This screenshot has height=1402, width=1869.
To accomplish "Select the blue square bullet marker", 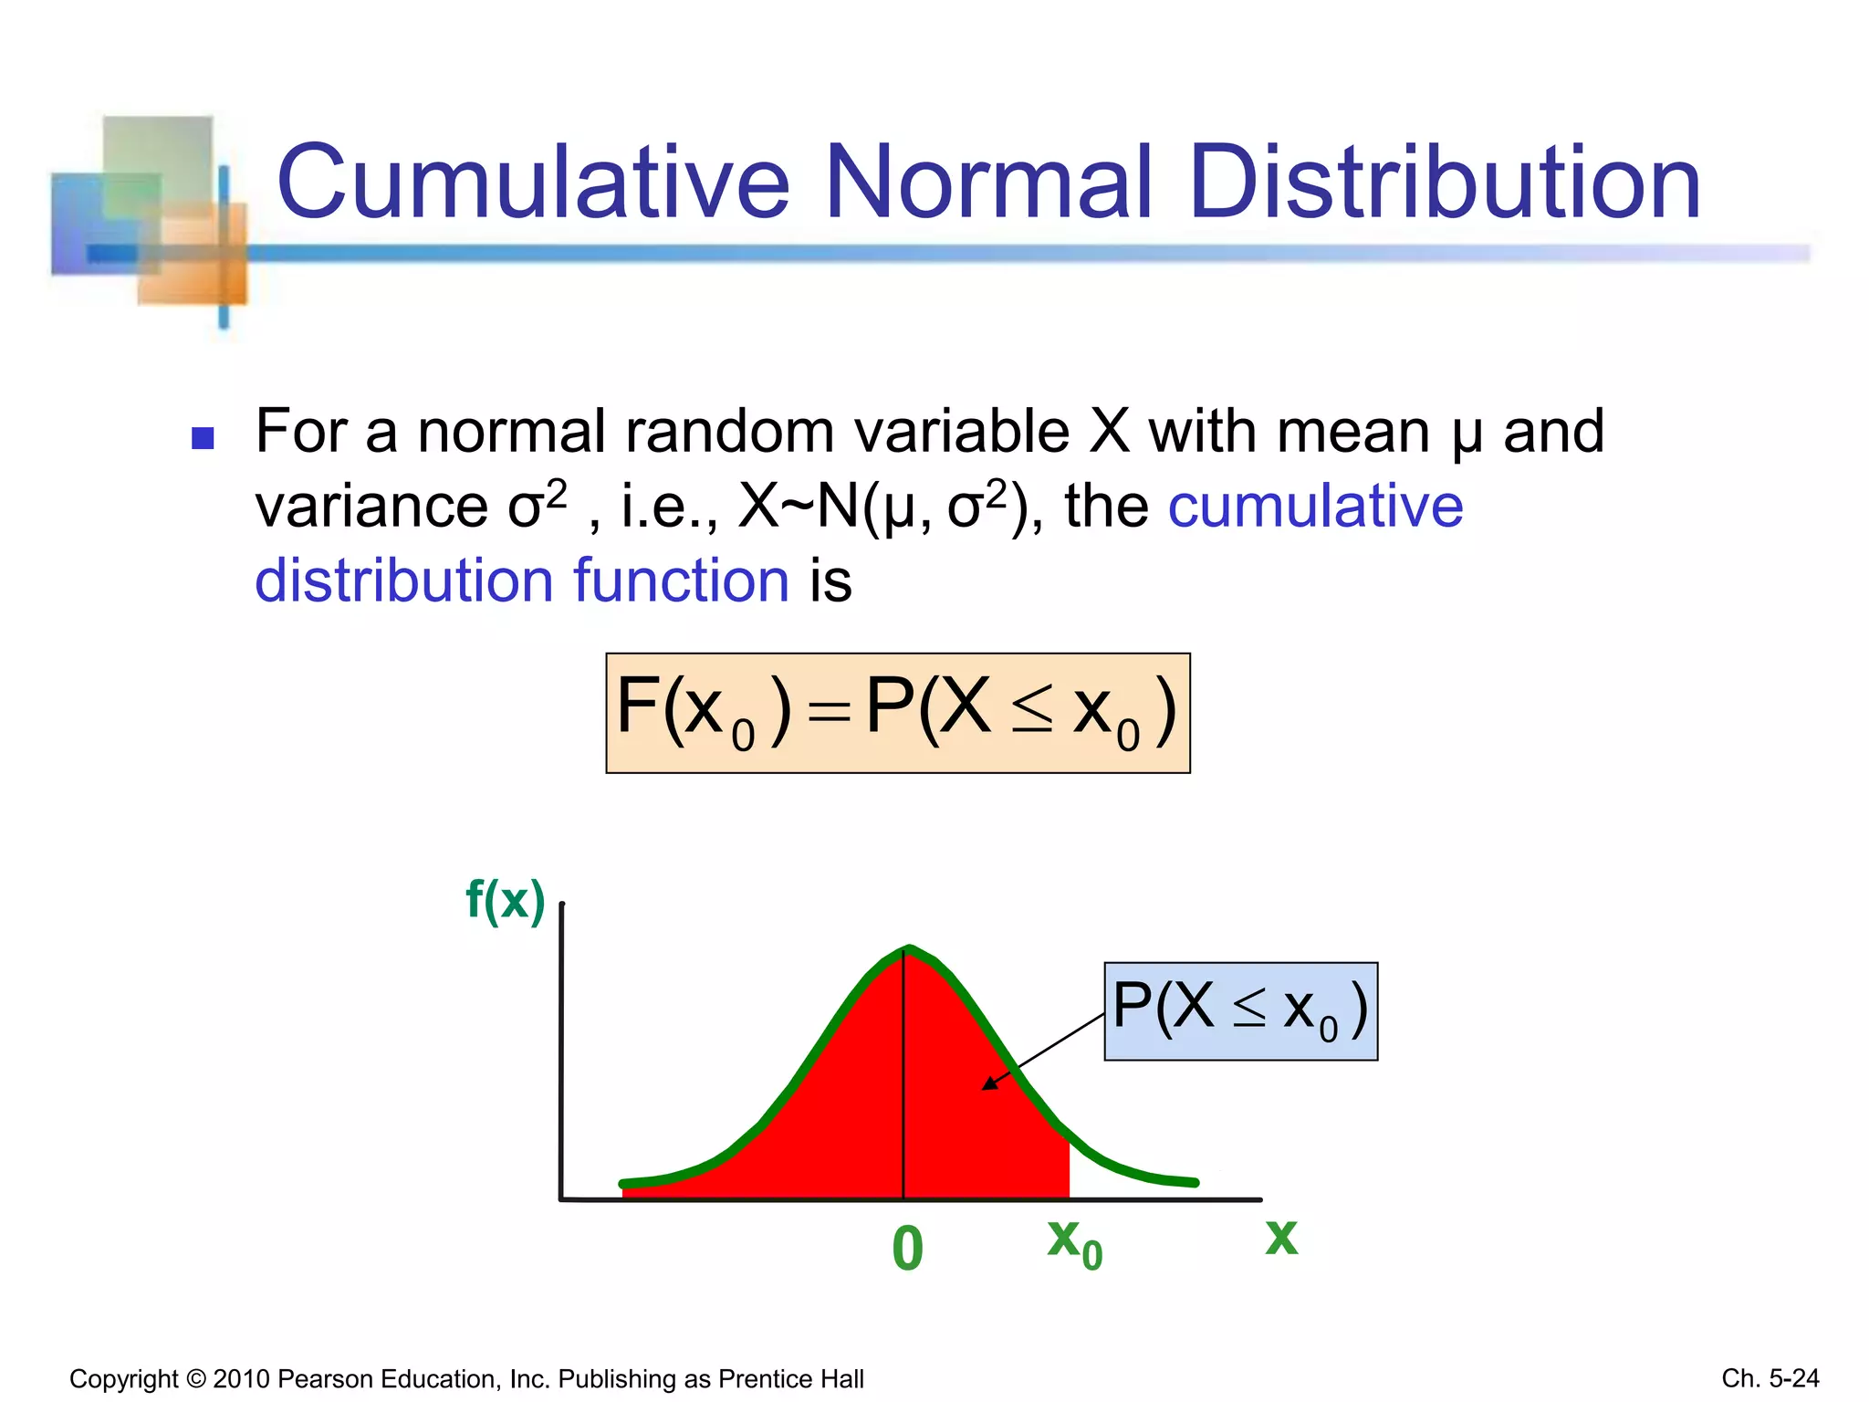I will tap(203, 439).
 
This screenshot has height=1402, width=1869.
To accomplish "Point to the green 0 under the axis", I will tap(907, 1249).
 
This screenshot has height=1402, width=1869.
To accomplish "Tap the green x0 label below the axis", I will tap(1074, 1243).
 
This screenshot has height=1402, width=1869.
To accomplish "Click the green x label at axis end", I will tap(1281, 1238).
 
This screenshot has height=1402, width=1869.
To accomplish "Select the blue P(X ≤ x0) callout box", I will tap(1240, 1010).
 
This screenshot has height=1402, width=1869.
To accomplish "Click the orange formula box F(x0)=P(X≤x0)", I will tap(898, 713).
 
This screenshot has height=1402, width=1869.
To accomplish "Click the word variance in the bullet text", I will tap(371, 507).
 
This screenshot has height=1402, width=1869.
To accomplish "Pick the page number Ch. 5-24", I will tap(1770, 1377).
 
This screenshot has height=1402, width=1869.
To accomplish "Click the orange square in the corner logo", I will tap(193, 256).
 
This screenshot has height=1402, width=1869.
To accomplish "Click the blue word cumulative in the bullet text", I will tap(1315, 507).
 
